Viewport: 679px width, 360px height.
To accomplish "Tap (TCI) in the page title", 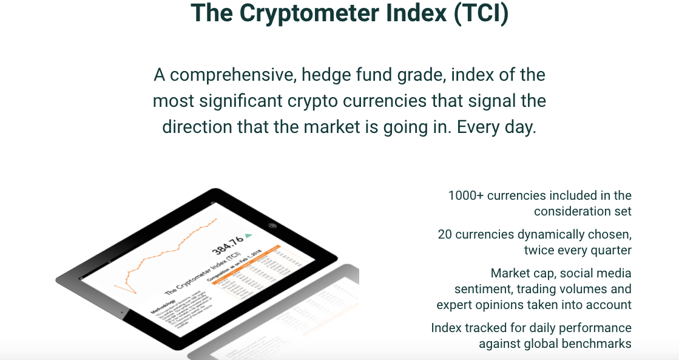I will coord(479,13).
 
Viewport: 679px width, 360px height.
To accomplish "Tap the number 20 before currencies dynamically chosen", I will coord(445,234).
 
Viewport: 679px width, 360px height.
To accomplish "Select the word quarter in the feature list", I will coord(610,250).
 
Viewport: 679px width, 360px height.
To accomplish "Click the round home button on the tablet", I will coord(272,226).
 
